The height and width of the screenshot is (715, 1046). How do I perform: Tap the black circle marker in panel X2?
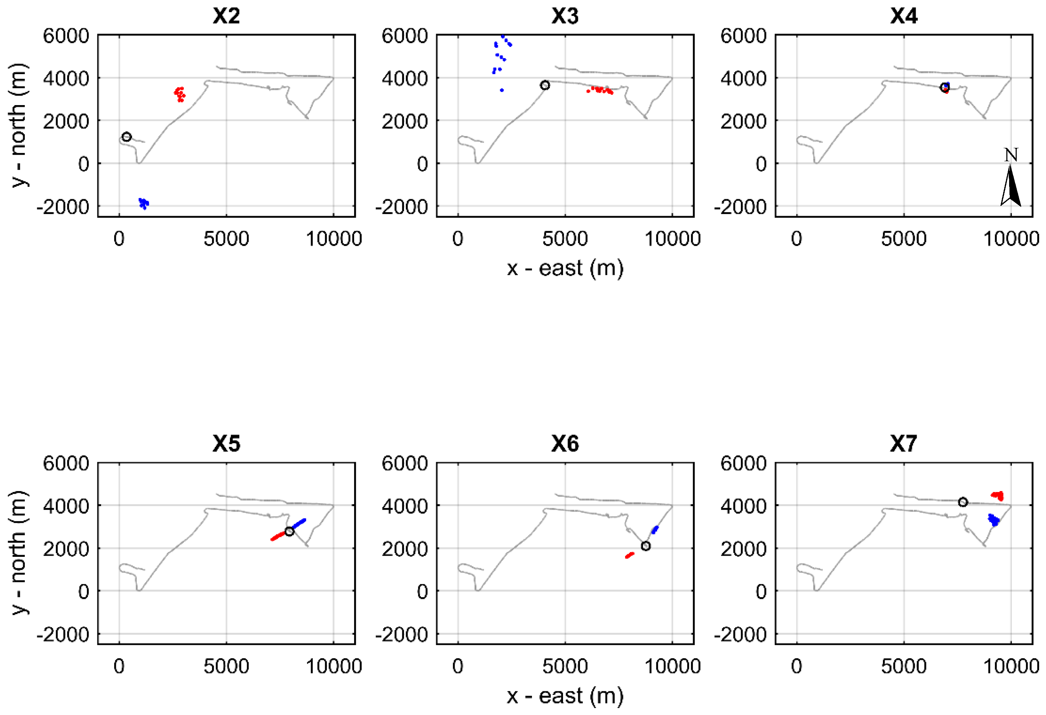(127, 137)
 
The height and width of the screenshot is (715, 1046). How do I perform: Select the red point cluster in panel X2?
(180, 94)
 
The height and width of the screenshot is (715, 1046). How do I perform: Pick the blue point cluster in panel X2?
(143, 203)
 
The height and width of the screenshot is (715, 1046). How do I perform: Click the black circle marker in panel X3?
(545, 85)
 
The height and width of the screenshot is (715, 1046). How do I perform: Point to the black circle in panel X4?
(944, 87)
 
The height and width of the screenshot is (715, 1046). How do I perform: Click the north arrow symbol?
(1011, 186)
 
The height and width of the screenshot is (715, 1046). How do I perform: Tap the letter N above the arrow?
(1011, 155)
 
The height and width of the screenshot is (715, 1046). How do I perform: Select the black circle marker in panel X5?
(289, 531)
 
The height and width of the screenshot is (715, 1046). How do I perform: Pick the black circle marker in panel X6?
(645, 546)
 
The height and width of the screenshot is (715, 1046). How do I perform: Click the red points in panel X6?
(630, 555)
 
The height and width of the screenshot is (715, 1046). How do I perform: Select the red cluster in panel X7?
(997, 496)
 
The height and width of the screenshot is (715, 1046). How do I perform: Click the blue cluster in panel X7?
(994, 520)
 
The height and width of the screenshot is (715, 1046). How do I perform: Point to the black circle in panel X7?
(963, 502)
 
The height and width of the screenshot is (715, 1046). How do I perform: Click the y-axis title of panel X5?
(19, 553)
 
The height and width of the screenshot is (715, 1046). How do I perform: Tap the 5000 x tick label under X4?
(903, 239)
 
